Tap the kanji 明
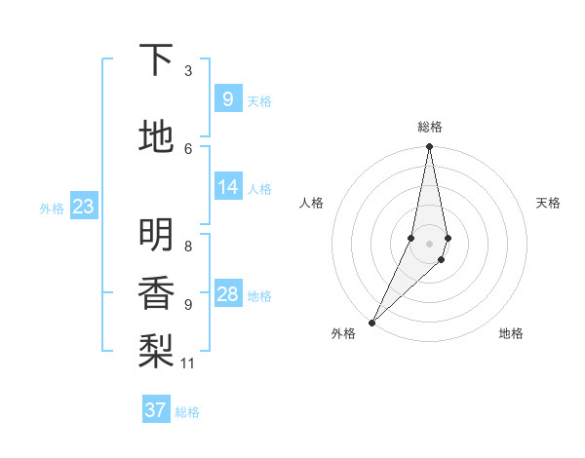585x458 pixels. point(157,234)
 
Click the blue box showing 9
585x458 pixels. point(228,98)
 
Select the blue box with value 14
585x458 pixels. point(228,187)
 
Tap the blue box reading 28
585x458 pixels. point(228,294)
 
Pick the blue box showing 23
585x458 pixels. point(83,206)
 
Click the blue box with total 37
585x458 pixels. point(156,410)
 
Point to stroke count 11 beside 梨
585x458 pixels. point(188,363)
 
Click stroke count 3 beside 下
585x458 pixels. point(188,70)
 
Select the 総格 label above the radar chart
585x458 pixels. point(430,127)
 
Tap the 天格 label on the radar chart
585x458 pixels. point(548,203)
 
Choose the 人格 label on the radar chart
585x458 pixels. point(311,203)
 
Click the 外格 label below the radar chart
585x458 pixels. point(343,334)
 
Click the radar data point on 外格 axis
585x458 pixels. point(371,322)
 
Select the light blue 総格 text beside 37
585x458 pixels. point(187,412)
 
